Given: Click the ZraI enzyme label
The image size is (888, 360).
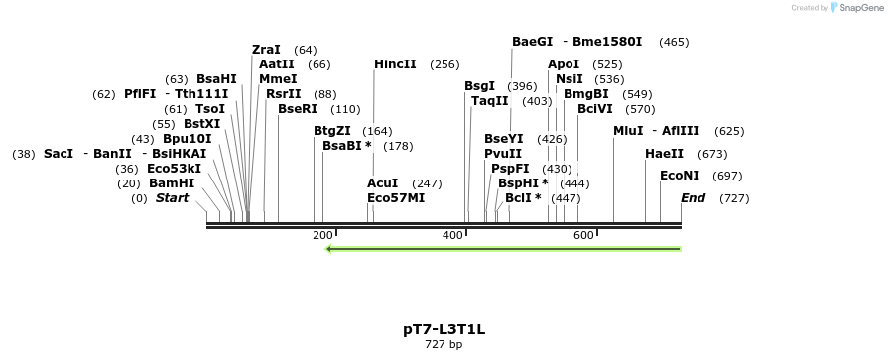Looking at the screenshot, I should (x=266, y=50).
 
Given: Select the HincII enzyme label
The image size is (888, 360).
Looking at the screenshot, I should (x=395, y=64).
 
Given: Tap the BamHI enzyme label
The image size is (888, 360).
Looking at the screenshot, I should (x=172, y=183).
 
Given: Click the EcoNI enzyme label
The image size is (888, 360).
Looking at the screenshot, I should (x=680, y=176).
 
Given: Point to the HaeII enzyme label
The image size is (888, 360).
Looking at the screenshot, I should (x=664, y=154).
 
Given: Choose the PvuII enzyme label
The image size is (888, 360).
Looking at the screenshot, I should (x=503, y=154).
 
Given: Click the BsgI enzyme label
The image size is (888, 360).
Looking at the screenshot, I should (x=479, y=86).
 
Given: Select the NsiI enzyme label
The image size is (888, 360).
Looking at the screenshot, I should (x=570, y=79).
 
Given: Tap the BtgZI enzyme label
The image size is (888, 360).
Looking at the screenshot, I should (x=332, y=131).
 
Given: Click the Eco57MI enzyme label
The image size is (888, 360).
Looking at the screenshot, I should (x=396, y=198).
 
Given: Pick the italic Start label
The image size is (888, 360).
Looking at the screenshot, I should (x=172, y=198).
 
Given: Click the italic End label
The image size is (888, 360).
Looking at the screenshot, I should (x=693, y=198).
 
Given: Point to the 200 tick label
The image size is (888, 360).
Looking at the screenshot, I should (x=322, y=235).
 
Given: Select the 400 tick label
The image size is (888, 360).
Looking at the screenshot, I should (x=453, y=235).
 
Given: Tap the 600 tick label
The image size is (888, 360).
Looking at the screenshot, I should (x=583, y=235).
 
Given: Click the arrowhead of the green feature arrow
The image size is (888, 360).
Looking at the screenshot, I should (x=330, y=248).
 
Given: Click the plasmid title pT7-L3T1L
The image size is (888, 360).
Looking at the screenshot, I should (x=444, y=328).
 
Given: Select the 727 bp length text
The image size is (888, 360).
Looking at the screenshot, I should (x=444, y=345).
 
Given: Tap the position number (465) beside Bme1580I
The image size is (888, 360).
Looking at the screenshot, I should (x=674, y=42).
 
